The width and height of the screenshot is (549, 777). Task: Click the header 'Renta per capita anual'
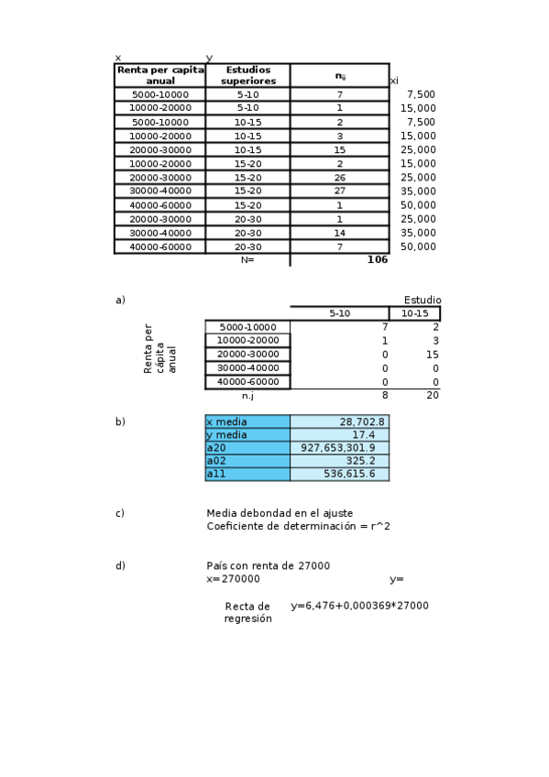pyautogui.click(x=160, y=75)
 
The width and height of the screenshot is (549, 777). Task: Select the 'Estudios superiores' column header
pyautogui.click(x=247, y=75)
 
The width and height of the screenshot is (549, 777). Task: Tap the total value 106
pyautogui.click(x=377, y=259)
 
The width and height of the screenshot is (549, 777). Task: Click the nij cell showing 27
pyautogui.click(x=339, y=192)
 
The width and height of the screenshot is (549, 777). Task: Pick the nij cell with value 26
pyautogui.click(x=339, y=178)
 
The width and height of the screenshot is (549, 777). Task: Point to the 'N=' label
pyautogui.click(x=247, y=259)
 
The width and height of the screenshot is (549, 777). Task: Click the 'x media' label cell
pyautogui.click(x=247, y=421)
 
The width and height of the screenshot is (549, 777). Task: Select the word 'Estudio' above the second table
pyautogui.click(x=423, y=300)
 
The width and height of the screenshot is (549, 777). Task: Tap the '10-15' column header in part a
pyautogui.click(x=414, y=313)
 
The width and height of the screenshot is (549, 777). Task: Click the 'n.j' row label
pyautogui.click(x=247, y=396)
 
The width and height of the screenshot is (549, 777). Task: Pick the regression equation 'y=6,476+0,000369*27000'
pyautogui.click(x=359, y=606)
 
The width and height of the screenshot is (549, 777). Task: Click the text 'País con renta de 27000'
pyautogui.click(x=269, y=565)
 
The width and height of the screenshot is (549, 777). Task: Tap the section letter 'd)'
pyautogui.click(x=120, y=565)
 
